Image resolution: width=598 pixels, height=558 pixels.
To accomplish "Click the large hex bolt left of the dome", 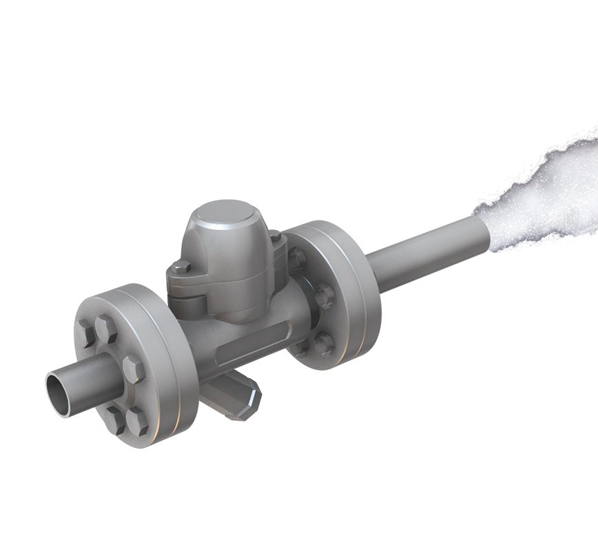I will point(181,268).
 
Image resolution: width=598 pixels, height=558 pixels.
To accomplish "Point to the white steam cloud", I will point(544,193).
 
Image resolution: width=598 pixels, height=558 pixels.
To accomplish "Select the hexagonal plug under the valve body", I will point(238,397).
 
